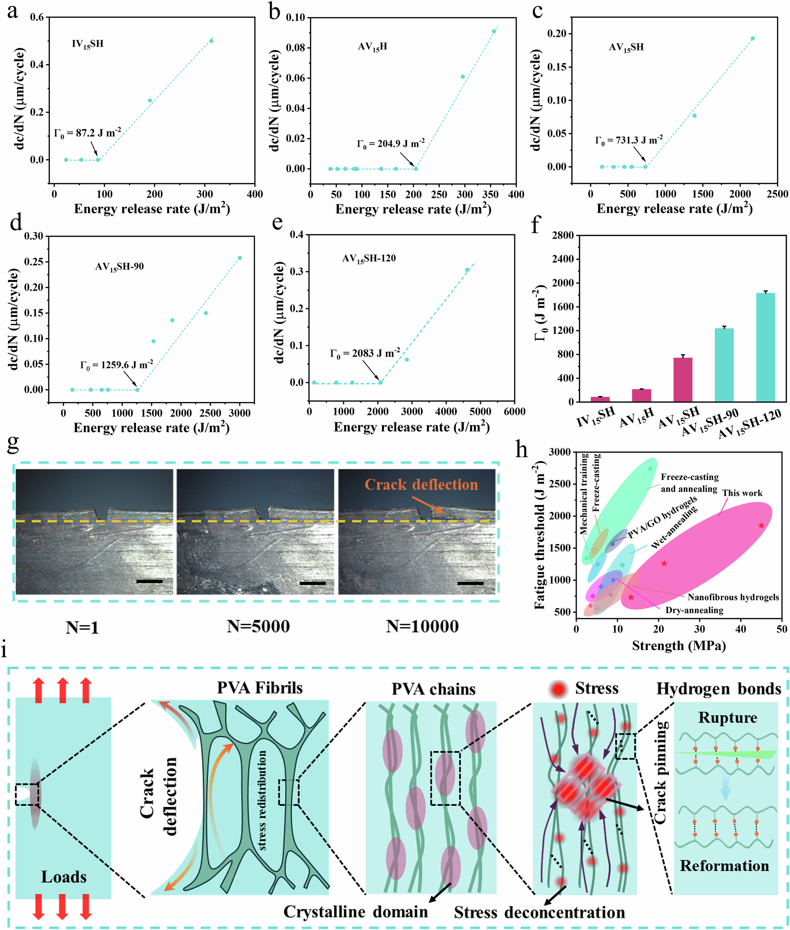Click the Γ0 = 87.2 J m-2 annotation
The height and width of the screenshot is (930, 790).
pos(87,133)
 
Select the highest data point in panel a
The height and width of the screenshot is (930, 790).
pos(211,41)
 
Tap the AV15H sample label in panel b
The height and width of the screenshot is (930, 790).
pos(372,47)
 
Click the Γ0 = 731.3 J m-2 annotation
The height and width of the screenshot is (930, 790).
pos(629,140)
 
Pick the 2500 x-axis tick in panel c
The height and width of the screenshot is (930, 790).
pos(777,194)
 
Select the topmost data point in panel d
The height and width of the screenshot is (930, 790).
pos(240,258)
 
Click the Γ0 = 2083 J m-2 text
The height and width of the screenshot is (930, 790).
pos(365,354)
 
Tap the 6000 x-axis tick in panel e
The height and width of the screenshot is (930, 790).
pos(515,411)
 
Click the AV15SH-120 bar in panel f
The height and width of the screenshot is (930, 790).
pos(766,347)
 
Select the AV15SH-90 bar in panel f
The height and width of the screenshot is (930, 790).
pos(724,365)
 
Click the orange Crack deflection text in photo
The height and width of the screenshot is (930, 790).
pos(421,485)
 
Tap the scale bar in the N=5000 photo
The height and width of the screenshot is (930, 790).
pos(312,583)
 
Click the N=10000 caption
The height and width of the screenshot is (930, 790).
pos(422,626)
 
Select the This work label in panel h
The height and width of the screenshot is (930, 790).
pos(742,493)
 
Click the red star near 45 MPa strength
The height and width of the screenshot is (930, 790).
pos(761,525)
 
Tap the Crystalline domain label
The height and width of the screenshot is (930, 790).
pos(355,912)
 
